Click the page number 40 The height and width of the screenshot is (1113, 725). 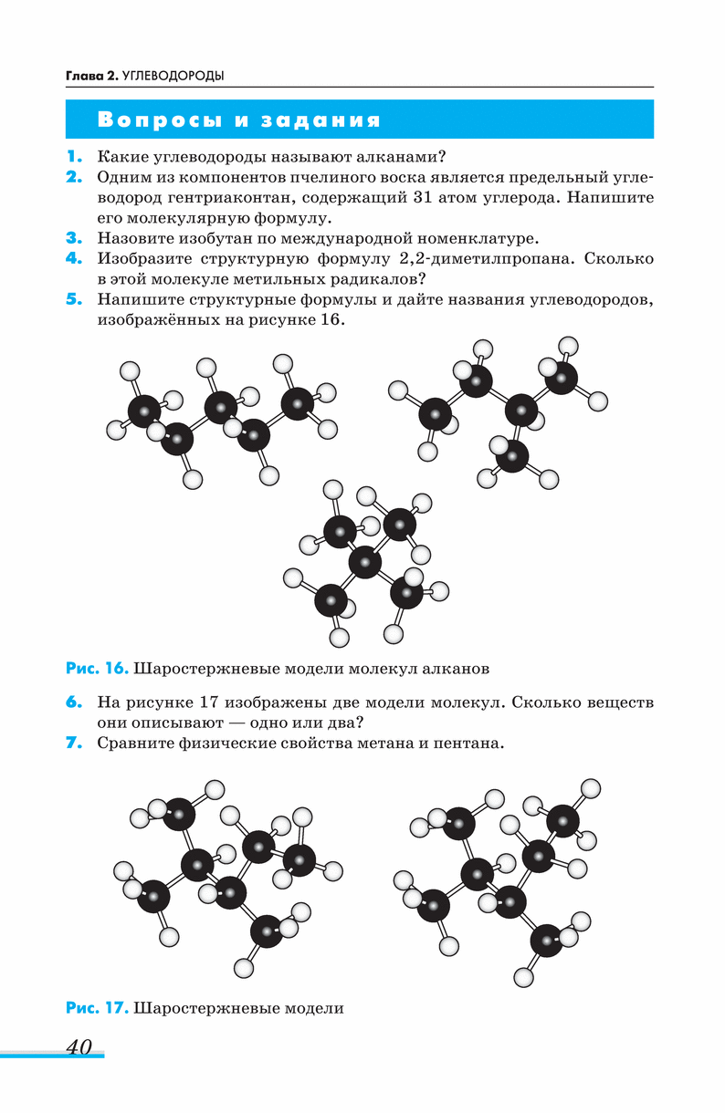(79, 1046)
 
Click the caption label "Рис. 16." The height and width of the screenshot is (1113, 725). (96, 669)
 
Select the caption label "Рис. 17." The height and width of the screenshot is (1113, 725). (96, 1008)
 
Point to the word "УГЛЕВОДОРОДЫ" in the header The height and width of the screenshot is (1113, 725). (173, 76)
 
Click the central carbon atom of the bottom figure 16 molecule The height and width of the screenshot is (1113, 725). (365, 562)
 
